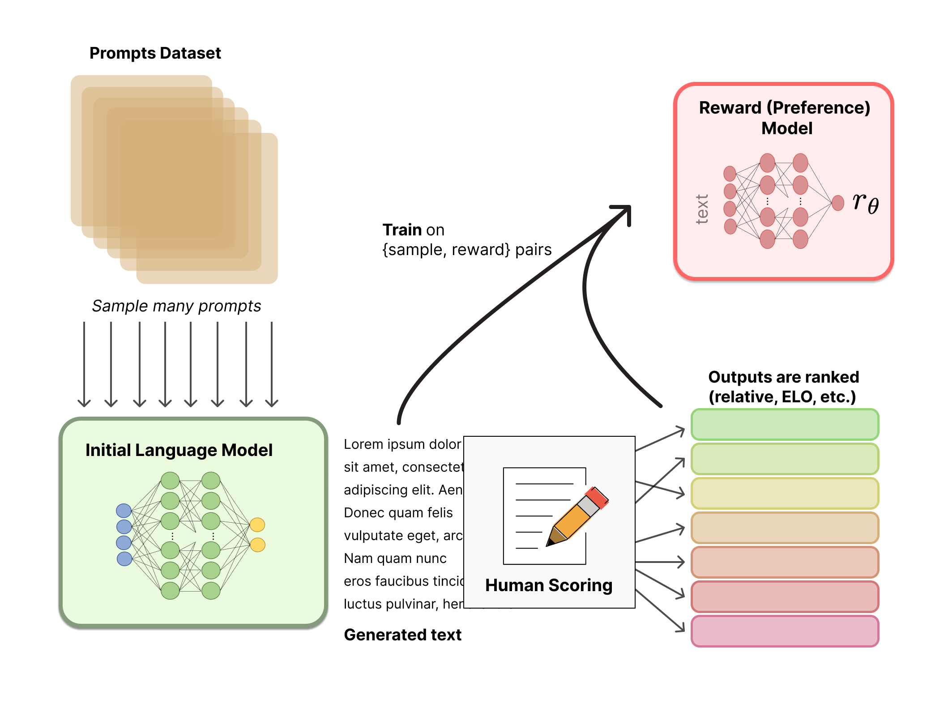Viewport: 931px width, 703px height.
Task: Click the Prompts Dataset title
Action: click(155, 53)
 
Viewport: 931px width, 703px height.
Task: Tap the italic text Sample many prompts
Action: click(176, 306)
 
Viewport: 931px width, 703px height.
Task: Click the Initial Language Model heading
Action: click(179, 450)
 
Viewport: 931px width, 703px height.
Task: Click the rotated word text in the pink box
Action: click(702, 209)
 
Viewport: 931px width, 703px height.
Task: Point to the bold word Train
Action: click(402, 230)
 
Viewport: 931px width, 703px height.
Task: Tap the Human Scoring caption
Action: click(549, 585)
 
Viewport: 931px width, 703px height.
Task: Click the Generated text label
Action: click(402, 635)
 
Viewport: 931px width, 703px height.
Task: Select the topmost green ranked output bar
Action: click(785, 424)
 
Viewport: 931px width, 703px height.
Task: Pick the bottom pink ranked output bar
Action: click(785, 631)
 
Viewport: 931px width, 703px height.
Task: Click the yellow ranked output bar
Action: click(785, 493)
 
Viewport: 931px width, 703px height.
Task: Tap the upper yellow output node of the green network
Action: click(257, 524)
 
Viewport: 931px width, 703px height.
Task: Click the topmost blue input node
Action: click(124, 510)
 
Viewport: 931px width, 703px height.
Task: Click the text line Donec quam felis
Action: click(398, 513)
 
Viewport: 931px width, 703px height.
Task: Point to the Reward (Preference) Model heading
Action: click(785, 118)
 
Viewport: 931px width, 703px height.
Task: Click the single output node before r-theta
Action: click(837, 203)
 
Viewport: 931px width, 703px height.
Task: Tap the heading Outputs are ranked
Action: click(783, 377)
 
